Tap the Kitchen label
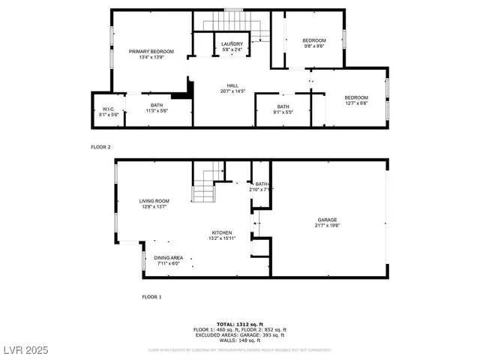(220, 235)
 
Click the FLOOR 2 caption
(100, 147)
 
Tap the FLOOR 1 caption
(151, 297)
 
